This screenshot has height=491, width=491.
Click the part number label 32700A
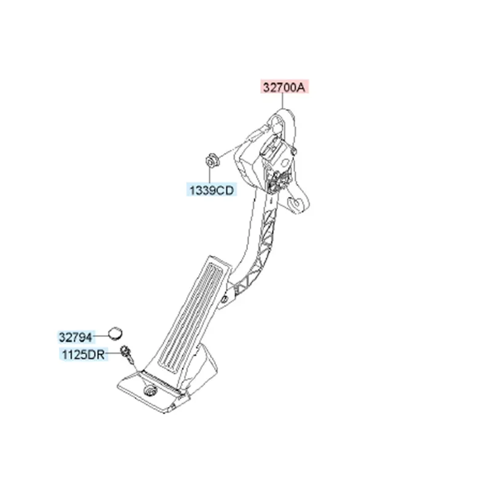(x=284, y=87)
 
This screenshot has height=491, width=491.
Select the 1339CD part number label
(x=211, y=191)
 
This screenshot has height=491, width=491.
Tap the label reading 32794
(x=75, y=337)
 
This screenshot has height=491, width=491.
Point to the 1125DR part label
(x=83, y=354)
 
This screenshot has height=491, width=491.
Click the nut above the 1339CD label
(x=210, y=161)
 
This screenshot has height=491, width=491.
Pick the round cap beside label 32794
(x=114, y=333)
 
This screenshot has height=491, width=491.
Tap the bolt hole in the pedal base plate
(x=149, y=392)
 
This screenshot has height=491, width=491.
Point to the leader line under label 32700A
(x=284, y=101)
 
